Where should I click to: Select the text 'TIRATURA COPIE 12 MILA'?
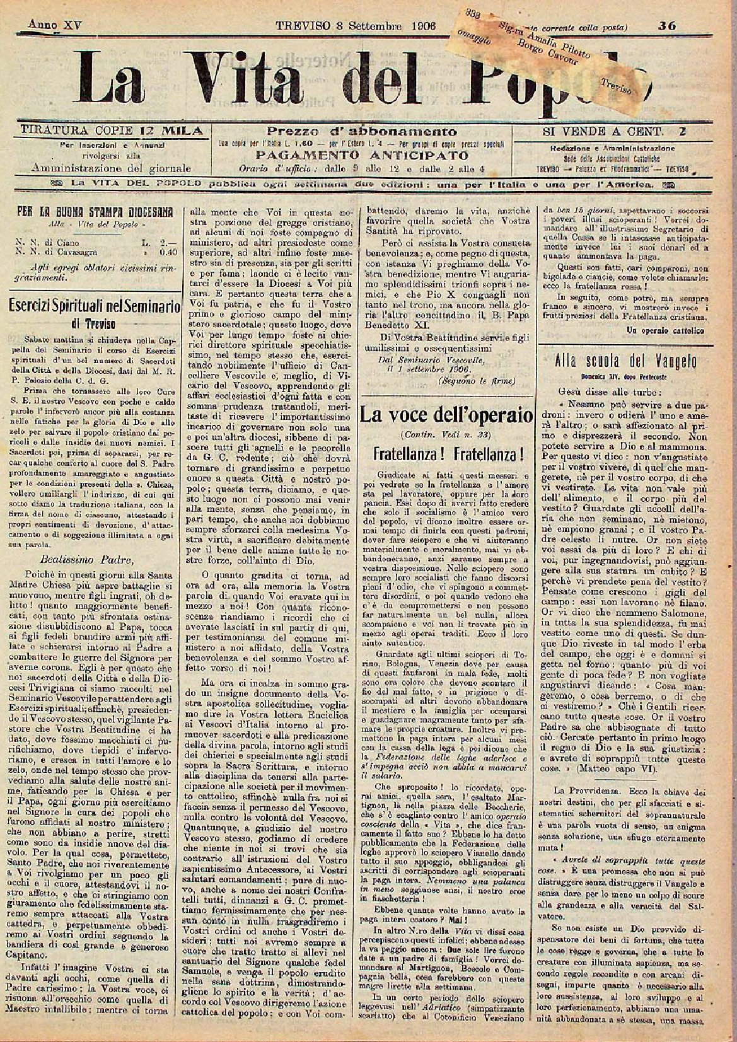coord(112,131)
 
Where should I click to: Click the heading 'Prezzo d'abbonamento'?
coord(363,131)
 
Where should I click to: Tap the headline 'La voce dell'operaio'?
coord(446,415)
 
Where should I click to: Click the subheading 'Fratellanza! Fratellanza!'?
coord(446,454)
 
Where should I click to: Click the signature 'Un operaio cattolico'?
coord(666,330)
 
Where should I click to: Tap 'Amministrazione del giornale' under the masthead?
coord(111,168)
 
